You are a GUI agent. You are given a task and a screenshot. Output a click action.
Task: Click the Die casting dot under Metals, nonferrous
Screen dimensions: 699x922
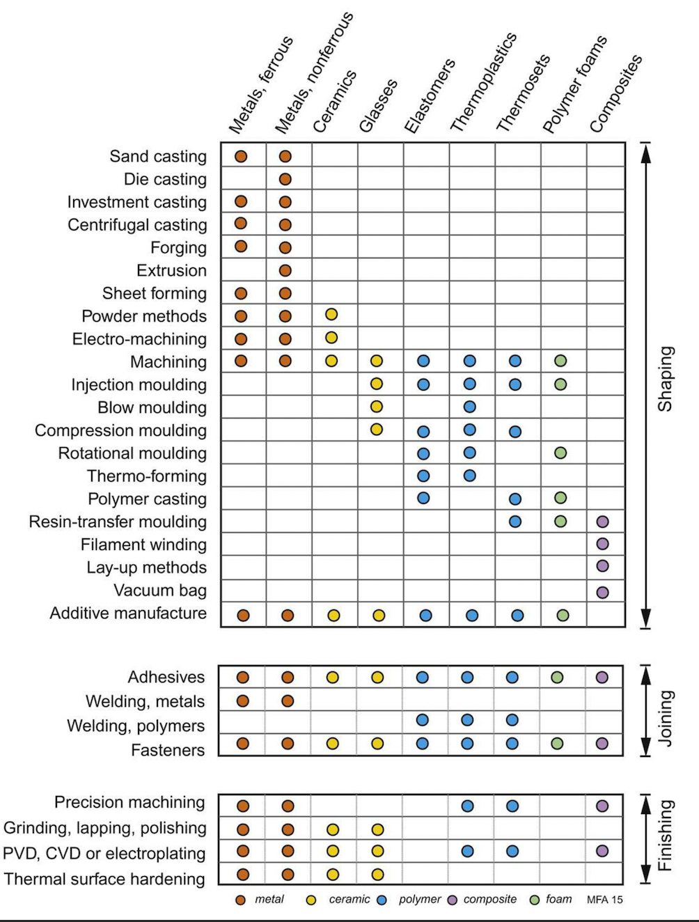click(285, 180)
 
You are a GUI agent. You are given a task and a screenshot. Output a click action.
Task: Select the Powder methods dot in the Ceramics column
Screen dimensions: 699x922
click(331, 314)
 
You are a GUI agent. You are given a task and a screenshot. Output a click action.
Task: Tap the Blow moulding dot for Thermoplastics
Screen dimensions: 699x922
click(469, 407)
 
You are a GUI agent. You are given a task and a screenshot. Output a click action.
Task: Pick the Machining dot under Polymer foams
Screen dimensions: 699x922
click(560, 361)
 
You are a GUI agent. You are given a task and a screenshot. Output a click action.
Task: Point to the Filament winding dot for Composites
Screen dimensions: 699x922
click(602, 544)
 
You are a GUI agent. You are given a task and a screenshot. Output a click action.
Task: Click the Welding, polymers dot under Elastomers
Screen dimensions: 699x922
click(423, 720)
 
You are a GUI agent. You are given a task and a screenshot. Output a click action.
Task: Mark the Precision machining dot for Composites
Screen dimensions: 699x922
click(602, 806)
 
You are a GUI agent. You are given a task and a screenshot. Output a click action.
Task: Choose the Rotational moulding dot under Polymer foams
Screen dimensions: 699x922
click(560, 453)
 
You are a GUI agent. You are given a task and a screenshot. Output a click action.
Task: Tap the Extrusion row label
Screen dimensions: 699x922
click(172, 270)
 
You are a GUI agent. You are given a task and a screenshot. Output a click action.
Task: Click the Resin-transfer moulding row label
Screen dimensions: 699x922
click(118, 522)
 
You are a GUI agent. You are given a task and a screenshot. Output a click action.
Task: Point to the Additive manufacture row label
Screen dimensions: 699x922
click(129, 614)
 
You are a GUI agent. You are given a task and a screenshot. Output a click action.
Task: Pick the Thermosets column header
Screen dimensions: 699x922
click(523, 93)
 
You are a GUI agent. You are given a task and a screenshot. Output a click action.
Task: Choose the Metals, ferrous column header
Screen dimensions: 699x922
click(260, 85)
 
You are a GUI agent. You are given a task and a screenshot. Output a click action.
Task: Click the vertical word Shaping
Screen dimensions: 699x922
click(666, 379)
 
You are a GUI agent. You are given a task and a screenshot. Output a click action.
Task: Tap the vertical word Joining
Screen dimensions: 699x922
click(666, 719)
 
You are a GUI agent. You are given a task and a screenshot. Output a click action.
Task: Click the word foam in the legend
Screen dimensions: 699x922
click(559, 899)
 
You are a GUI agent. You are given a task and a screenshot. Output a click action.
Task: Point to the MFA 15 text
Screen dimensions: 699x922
click(604, 900)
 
